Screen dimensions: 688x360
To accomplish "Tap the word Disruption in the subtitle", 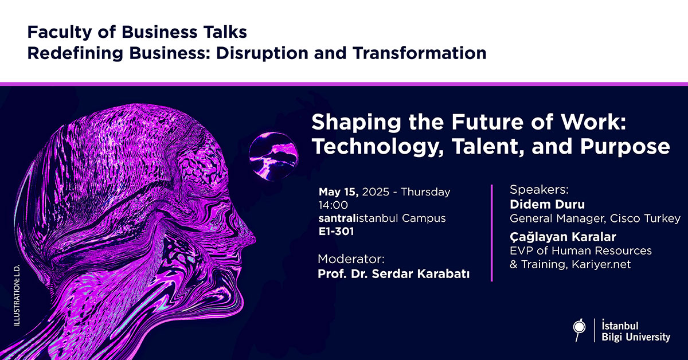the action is coord(262,53).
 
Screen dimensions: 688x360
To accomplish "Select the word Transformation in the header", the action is coord(420,53).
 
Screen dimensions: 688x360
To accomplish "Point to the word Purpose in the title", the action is coord(625,147).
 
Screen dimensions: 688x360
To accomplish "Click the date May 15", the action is coord(338,192).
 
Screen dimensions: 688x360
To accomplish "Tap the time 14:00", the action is coord(333,205).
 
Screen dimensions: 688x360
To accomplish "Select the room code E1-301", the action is coord(336,231).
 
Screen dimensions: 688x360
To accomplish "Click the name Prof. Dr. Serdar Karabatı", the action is coord(394,273).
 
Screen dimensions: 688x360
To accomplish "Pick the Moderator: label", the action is coord(351,259).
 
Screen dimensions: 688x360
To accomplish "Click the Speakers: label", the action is coord(540,190).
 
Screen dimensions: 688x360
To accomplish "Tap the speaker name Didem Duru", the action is coord(548,204).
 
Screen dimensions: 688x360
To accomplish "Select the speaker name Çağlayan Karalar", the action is coord(563,237).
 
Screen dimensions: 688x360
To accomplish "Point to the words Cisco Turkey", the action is coord(645,218).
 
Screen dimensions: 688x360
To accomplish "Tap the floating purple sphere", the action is coord(273,156).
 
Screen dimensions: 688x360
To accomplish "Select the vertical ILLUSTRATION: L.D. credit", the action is coord(17,295).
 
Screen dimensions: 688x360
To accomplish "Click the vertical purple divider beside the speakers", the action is coord(492,233).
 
